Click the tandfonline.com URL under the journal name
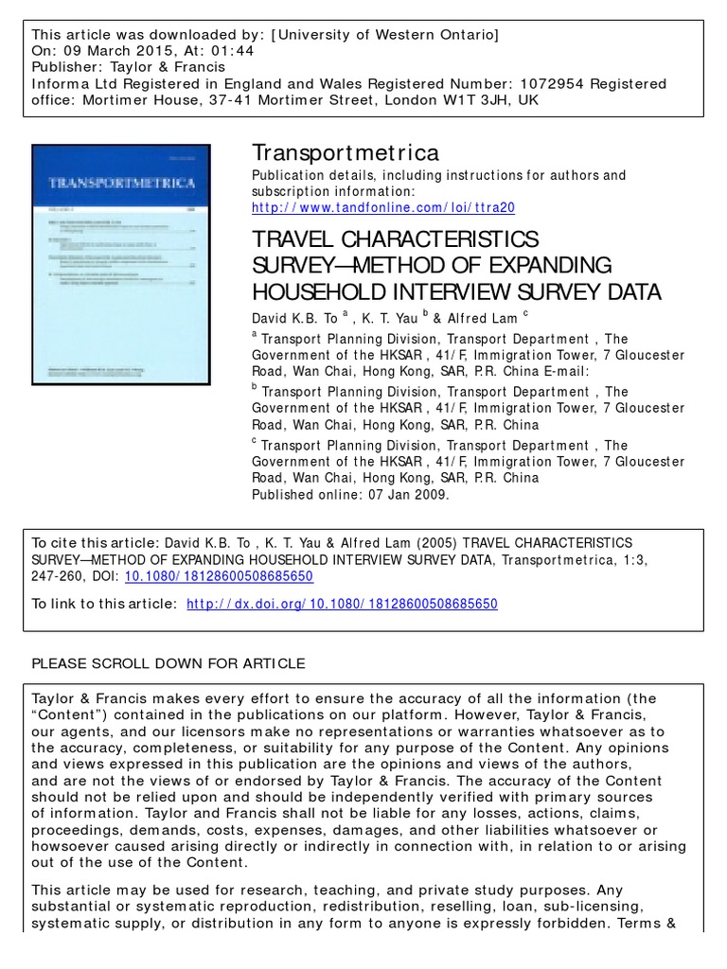click(383, 207)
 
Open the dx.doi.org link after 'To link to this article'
click(343, 604)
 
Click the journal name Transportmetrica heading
click(345, 152)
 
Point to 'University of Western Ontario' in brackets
click(384, 35)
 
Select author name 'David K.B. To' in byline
click(294, 319)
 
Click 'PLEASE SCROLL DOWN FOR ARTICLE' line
click(168, 662)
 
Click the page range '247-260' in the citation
click(60, 576)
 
